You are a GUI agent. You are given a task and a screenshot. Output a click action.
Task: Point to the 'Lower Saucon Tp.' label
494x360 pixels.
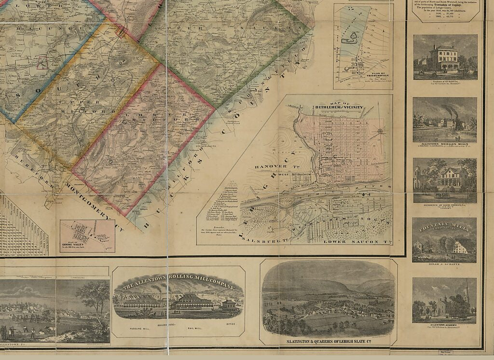pos(356,240)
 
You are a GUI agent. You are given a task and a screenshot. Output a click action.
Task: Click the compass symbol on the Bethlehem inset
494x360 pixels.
pos(380,131)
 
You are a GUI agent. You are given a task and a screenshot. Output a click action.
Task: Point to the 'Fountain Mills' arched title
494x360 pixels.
pos(444,226)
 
